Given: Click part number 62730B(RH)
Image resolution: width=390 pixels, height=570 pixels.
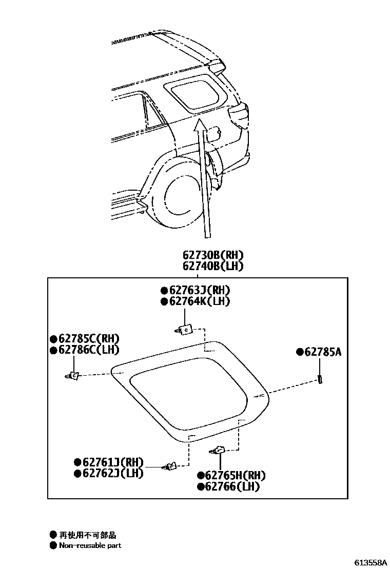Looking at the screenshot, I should pyautogui.click(x=212, y=255).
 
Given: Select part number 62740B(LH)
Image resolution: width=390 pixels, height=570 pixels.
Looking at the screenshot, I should pyautogui.click(x=212, y=266).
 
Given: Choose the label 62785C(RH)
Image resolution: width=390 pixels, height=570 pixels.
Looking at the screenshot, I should pyautogui.click(x=88, y=338).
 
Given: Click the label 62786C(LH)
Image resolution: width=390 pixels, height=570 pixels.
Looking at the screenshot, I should pyautogui.click(x=88, y=350).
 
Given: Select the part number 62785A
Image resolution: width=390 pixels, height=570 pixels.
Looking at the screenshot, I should pyautogui.click(x=322, y=352).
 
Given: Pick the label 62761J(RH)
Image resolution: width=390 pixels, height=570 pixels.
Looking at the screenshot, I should pyautogui.click(x=112, y=461).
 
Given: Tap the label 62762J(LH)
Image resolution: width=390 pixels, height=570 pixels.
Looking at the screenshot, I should pyautogui.click(x=112, y=473).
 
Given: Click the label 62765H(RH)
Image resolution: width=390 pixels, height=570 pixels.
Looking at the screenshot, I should pyautogui.click(x=232, y=475).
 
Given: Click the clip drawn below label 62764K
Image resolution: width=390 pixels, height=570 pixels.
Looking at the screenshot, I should pyautogui.click(x=184, y=329).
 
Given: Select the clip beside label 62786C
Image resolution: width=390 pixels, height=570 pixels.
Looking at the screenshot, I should pyautogui.click(x=73, y=376).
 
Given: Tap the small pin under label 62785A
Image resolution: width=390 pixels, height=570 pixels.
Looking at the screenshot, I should pyautogui.click(x=320, y=379).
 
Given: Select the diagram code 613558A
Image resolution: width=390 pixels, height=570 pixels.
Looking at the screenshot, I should pyautogui.click(x=371, y=562).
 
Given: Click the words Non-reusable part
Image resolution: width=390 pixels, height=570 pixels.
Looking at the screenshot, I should pyautogui.click(x=90, y=545).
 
